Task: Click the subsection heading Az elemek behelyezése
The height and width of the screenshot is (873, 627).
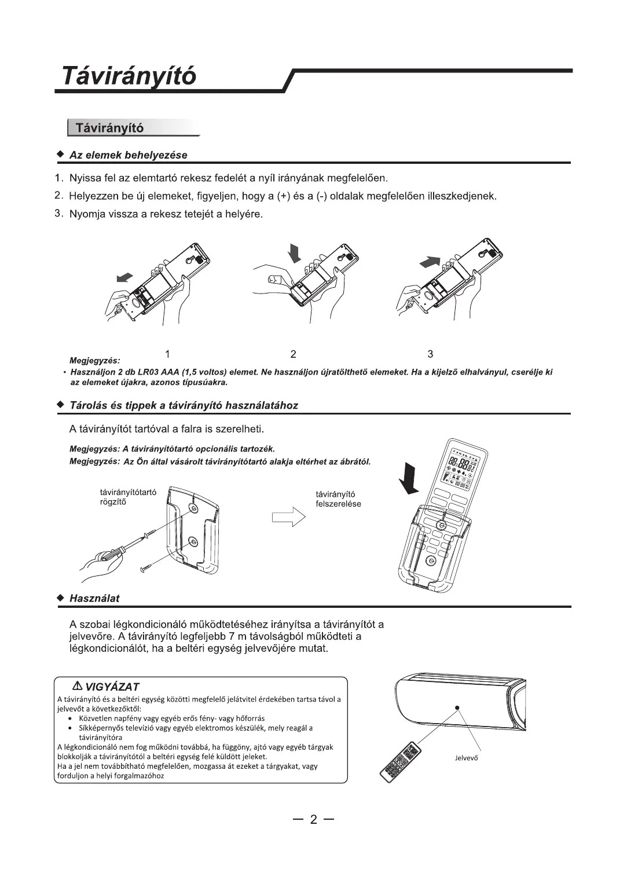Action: coord(128,155)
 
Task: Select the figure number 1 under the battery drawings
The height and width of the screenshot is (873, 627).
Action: coord(167,354)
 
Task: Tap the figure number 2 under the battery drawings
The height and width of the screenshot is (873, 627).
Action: coord(294,354)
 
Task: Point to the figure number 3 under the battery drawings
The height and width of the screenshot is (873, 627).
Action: coord(430,354)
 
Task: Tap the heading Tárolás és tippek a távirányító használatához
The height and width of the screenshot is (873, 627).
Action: coord(184,405)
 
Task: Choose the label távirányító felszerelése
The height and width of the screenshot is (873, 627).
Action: coord(338,499)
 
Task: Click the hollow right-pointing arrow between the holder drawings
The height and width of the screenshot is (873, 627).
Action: coord(288,515)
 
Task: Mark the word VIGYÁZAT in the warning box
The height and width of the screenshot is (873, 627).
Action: coord(112,687)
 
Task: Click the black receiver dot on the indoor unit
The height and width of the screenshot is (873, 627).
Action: coord(457,707)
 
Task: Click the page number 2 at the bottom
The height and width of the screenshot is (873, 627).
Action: coord(313,819)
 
